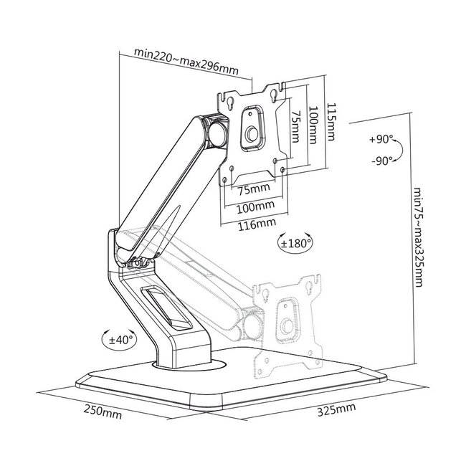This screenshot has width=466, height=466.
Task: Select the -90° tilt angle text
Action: pos(381,161)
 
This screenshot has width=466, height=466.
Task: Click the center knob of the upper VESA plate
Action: pos(252,133)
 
